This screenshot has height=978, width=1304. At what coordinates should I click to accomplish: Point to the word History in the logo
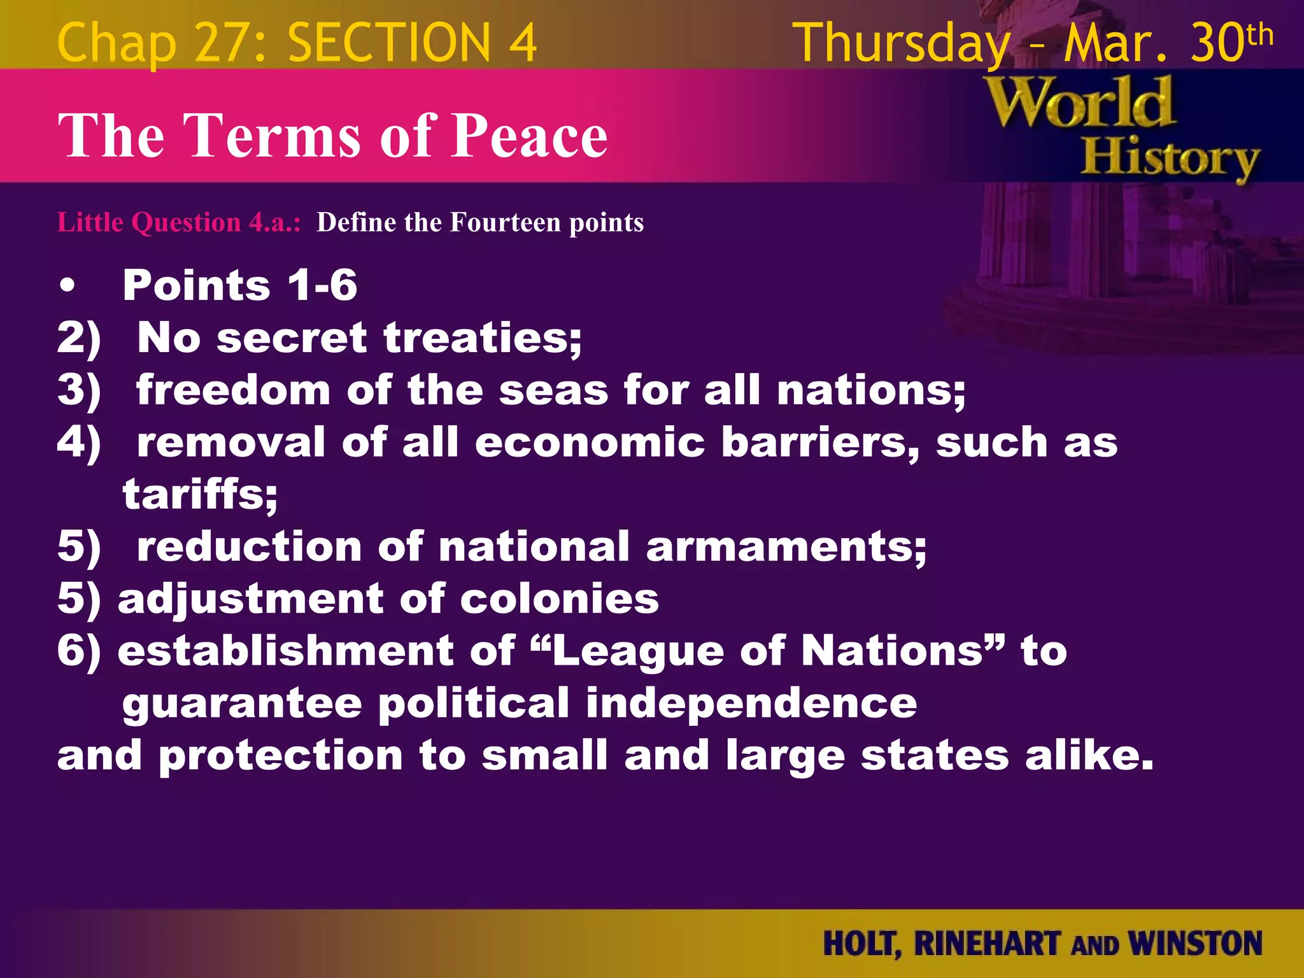point(1170,159)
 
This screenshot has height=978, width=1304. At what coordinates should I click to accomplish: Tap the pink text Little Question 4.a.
point(179,222)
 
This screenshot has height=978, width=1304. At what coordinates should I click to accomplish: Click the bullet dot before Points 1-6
point(67,287)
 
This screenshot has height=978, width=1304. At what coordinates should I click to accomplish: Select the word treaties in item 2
point(483,337)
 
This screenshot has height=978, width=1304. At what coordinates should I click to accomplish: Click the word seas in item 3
point(553,390)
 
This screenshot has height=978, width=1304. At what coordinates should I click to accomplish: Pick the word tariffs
point(200,494)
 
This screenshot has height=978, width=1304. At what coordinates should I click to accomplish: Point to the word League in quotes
point(638,651)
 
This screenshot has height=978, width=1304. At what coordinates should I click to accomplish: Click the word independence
point(751,704)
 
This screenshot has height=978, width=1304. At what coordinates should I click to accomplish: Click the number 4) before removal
point(79,442)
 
